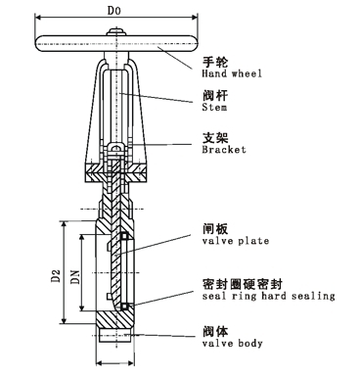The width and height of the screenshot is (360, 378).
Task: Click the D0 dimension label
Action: pyautogui.click(x=114, y=11)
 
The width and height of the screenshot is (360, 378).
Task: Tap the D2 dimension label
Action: pyautogui.click(x=56, y=275)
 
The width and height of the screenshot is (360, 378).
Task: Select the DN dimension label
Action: pyautogui.click(x=75, y=276)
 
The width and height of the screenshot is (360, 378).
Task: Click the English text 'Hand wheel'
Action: pyautogui.click(x=232, y=73)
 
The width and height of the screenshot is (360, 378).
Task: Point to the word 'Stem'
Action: pyautogui.click(x=214, y=107)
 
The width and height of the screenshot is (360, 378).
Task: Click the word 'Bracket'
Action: pyautogui.click(x=224, y=150)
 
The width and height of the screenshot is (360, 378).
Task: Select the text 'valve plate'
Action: pyautogui.click(x=236, y=241)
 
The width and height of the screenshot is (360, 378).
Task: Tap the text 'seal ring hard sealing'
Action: pyautogui.click(x=268, y=296)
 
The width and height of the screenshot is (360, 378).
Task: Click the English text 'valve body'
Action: pyautogui.click(x=232, y=343)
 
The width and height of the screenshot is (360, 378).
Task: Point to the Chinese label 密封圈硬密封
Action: pyautogui.click(x=242, y=284)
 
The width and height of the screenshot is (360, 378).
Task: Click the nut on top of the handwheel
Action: pyautogui.click(x=116, y=32)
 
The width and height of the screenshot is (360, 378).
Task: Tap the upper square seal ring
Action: pyautogui.click(x=124, y=236)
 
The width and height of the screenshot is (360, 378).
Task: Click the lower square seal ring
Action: pyautogui.click(x=124, y=307)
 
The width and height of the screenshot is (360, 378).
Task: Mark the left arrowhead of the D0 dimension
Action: pyautogui.click(x=38, y=18)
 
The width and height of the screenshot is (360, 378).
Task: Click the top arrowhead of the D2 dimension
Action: pyautogui.click(x=64, y=225)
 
